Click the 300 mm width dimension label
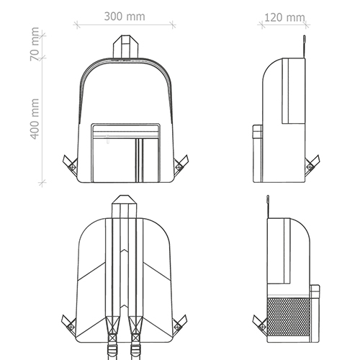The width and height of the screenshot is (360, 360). (125, 17)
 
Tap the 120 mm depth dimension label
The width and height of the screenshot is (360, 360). (284, 17)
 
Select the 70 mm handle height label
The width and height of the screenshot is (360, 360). (35, 44)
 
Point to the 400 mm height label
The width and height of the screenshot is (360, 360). (35, 119)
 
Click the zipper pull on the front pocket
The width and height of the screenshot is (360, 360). (108, 140)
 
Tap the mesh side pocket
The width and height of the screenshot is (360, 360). (288, 317)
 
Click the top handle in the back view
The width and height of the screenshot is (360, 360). (124, 207)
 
